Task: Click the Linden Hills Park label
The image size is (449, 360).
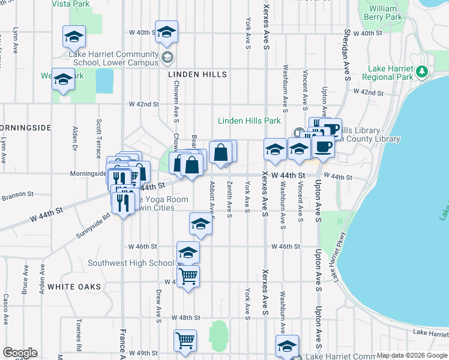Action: (x=249, y=121)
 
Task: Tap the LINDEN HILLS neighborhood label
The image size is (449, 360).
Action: (x=197, y=74)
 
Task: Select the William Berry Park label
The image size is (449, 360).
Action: (x=383, y=13)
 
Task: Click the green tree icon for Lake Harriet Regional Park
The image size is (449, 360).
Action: (x=422, y=72)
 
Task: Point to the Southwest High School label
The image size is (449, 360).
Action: (x=131, y=263)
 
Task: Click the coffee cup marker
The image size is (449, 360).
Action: (x=323, y=146)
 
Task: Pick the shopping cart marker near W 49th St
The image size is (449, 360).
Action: (x=185, y=341)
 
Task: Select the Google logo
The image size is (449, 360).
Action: (x=20, y=353)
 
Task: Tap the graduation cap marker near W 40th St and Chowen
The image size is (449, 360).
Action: (x=166, y=32)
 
